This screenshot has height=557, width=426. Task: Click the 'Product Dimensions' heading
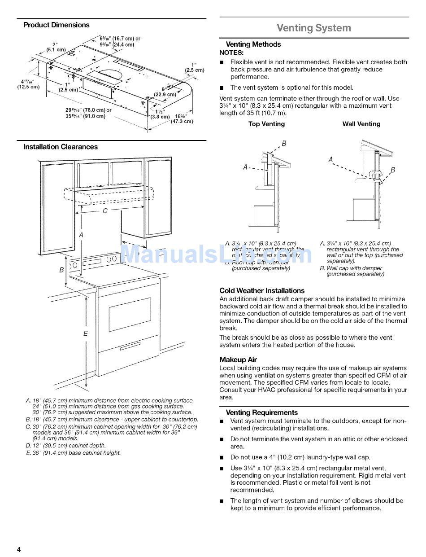point(57,25)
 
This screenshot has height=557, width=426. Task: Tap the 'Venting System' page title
point(313,28)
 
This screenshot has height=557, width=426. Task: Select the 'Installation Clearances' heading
point(61,147)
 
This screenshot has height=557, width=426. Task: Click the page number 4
point(19,550)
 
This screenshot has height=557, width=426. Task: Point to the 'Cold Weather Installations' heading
point(262,290)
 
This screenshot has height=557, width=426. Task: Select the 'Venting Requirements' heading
point(262,412)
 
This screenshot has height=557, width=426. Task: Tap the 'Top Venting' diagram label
point(266,124)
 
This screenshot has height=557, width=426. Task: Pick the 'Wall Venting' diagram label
point(361,124)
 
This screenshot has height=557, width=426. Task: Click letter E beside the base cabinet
point(85,333)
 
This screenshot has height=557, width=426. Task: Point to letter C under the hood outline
point(105,211)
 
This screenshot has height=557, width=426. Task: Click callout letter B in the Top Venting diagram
point(284,144)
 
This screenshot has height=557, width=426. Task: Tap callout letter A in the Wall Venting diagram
point(331,159)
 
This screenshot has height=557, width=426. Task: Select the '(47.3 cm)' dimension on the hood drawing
point(182,121)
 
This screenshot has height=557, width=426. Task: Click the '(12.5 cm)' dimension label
point(28,87)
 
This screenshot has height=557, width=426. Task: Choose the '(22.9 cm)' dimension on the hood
point(165,95)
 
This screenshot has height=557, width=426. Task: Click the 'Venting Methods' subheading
point(253,44)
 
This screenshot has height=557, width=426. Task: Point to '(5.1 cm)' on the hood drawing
point(56,49)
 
